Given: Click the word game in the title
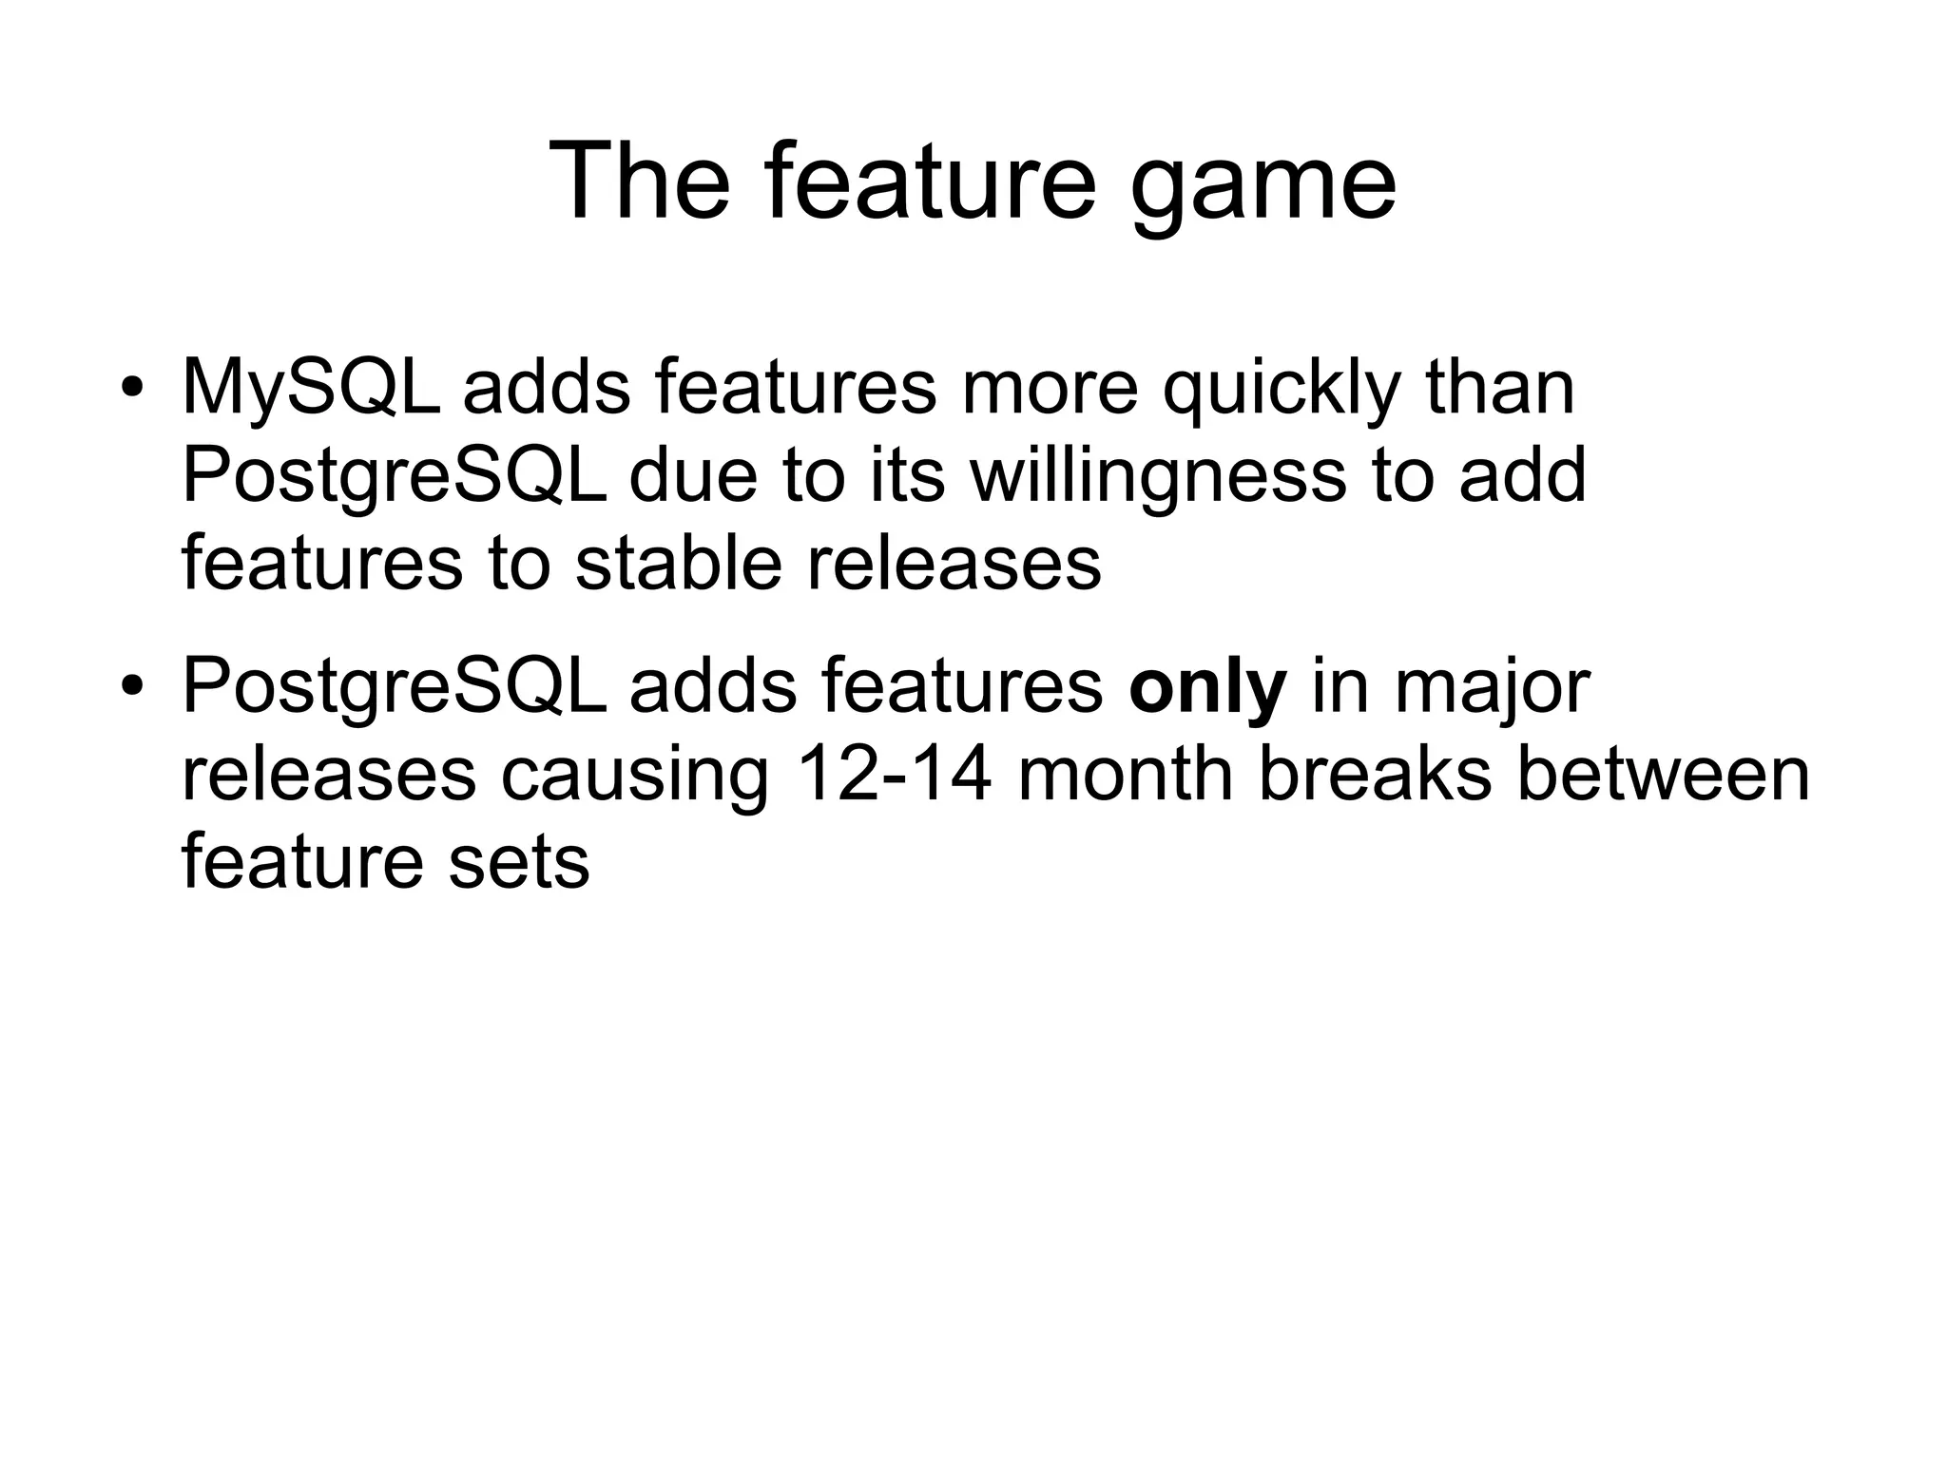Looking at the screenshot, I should click(1264, 185).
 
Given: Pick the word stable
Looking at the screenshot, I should click(679, 563).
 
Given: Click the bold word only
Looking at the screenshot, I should click(1207, 688).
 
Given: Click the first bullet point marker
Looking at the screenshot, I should click(131, 390).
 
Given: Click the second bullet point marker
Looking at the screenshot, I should click(131, 688).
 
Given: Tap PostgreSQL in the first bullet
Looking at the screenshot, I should click(394, 477).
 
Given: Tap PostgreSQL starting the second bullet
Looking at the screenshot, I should click(394, 688).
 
